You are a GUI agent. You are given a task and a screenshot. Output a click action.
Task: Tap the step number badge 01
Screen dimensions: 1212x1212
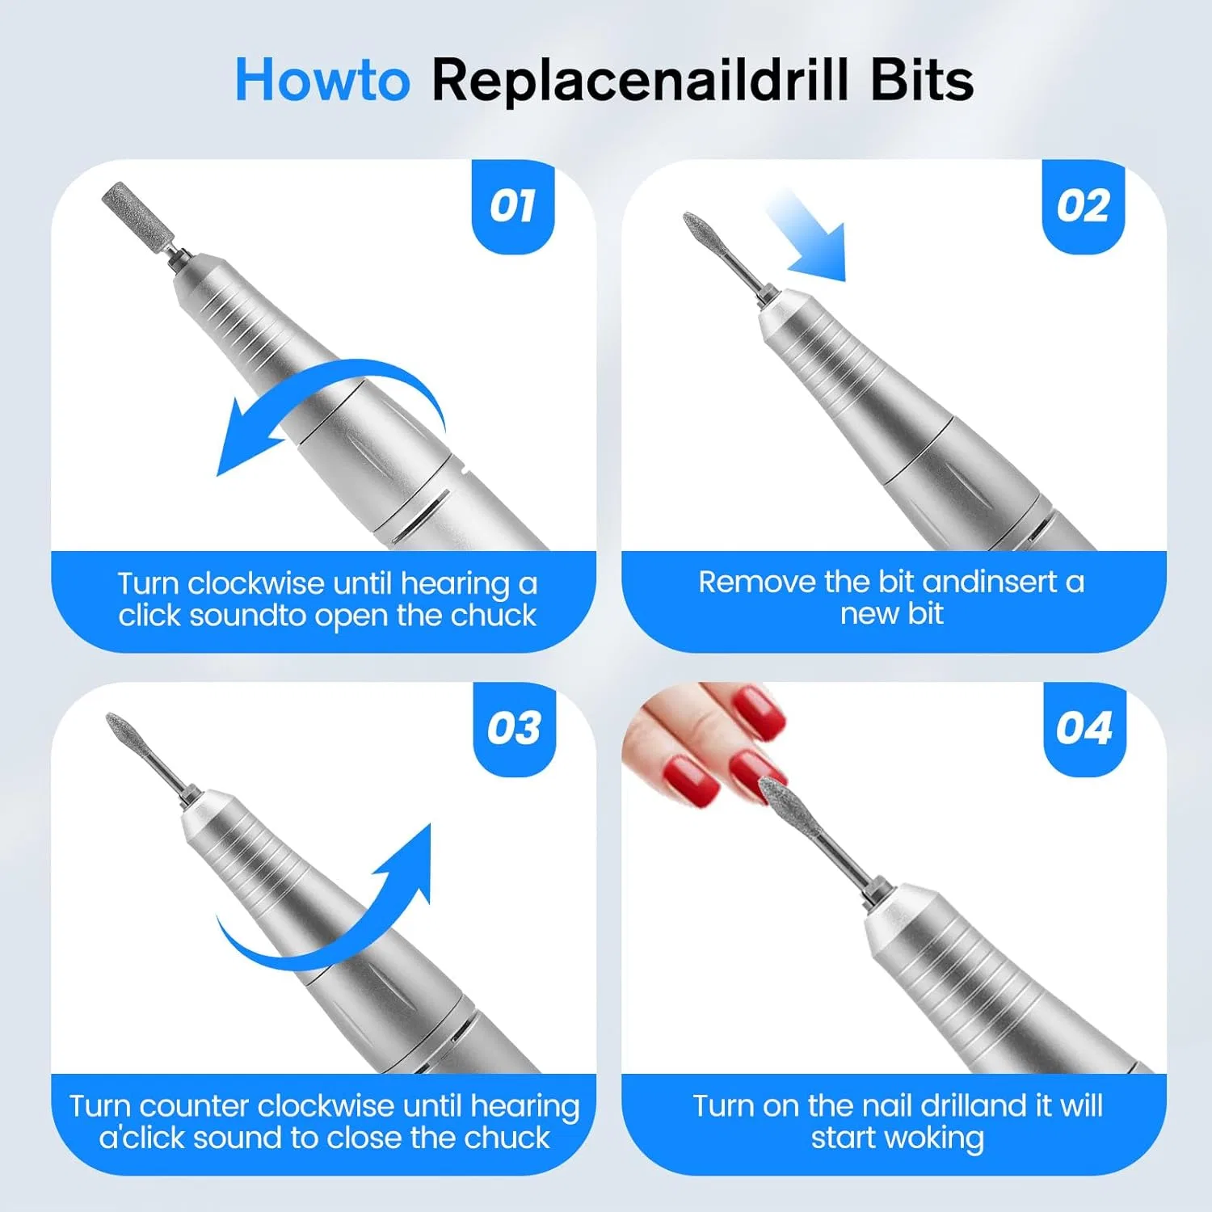tap(513, 207)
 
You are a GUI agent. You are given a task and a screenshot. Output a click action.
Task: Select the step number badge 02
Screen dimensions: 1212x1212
tap(1084, 207)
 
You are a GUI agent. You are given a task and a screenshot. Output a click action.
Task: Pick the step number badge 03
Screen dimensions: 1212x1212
tap(514, 729)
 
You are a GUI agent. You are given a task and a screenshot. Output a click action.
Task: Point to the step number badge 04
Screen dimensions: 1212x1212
tap(1084, 729)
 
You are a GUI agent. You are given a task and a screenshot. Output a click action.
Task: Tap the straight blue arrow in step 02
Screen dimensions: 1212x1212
tap(806, 234)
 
